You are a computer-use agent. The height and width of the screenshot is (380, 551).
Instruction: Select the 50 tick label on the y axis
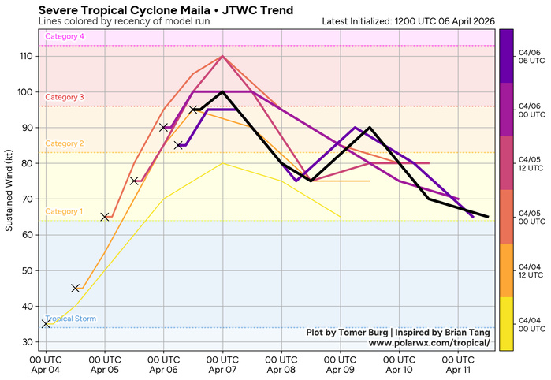(x=29, y=270)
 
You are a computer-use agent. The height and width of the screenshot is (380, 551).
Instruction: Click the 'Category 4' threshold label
(x=65, y=37)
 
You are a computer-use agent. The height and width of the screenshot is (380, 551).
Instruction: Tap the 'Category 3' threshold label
(x=65, y=97)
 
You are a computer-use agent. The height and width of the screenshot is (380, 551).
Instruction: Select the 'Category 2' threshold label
(x=65, y=143)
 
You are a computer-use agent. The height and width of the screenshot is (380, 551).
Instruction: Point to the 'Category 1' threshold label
(x=65, y=211)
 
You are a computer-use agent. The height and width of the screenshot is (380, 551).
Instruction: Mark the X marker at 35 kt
(x=46, y=324)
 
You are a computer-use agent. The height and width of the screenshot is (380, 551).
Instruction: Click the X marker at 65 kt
(x=105, y=217)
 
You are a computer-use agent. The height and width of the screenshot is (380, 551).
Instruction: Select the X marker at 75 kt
(x=134, y=181)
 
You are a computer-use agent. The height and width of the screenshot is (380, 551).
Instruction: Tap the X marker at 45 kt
(x=76, y=289)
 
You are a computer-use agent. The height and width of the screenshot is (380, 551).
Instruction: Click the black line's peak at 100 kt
(x=222, y=92)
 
